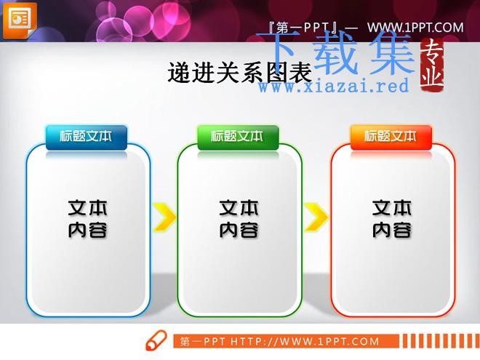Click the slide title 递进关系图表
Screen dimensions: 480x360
click(240, 73)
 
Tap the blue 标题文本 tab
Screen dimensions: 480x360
click(87, 137)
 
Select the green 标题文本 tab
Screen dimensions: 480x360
click(238, 137)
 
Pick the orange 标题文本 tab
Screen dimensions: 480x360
click(391, 137)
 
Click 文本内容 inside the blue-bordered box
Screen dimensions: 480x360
click(87, 219)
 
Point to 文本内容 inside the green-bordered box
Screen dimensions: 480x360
click(239, 219)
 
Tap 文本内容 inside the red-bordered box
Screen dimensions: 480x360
click(392, 219)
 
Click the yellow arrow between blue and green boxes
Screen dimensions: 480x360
click(164, 217)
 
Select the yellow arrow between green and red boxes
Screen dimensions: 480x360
click(316, 217)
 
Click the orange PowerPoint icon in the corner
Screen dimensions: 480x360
click(20, 20)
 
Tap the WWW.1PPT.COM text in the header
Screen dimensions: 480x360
click(415, 28)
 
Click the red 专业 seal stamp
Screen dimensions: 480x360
click(431, 65)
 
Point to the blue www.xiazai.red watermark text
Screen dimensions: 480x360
click(334, 86)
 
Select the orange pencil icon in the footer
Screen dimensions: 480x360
click(156, 340)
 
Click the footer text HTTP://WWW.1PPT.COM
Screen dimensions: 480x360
click(305, 341)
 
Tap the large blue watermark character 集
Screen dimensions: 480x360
click(393, 52)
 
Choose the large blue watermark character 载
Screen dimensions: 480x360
click(335, 52)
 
